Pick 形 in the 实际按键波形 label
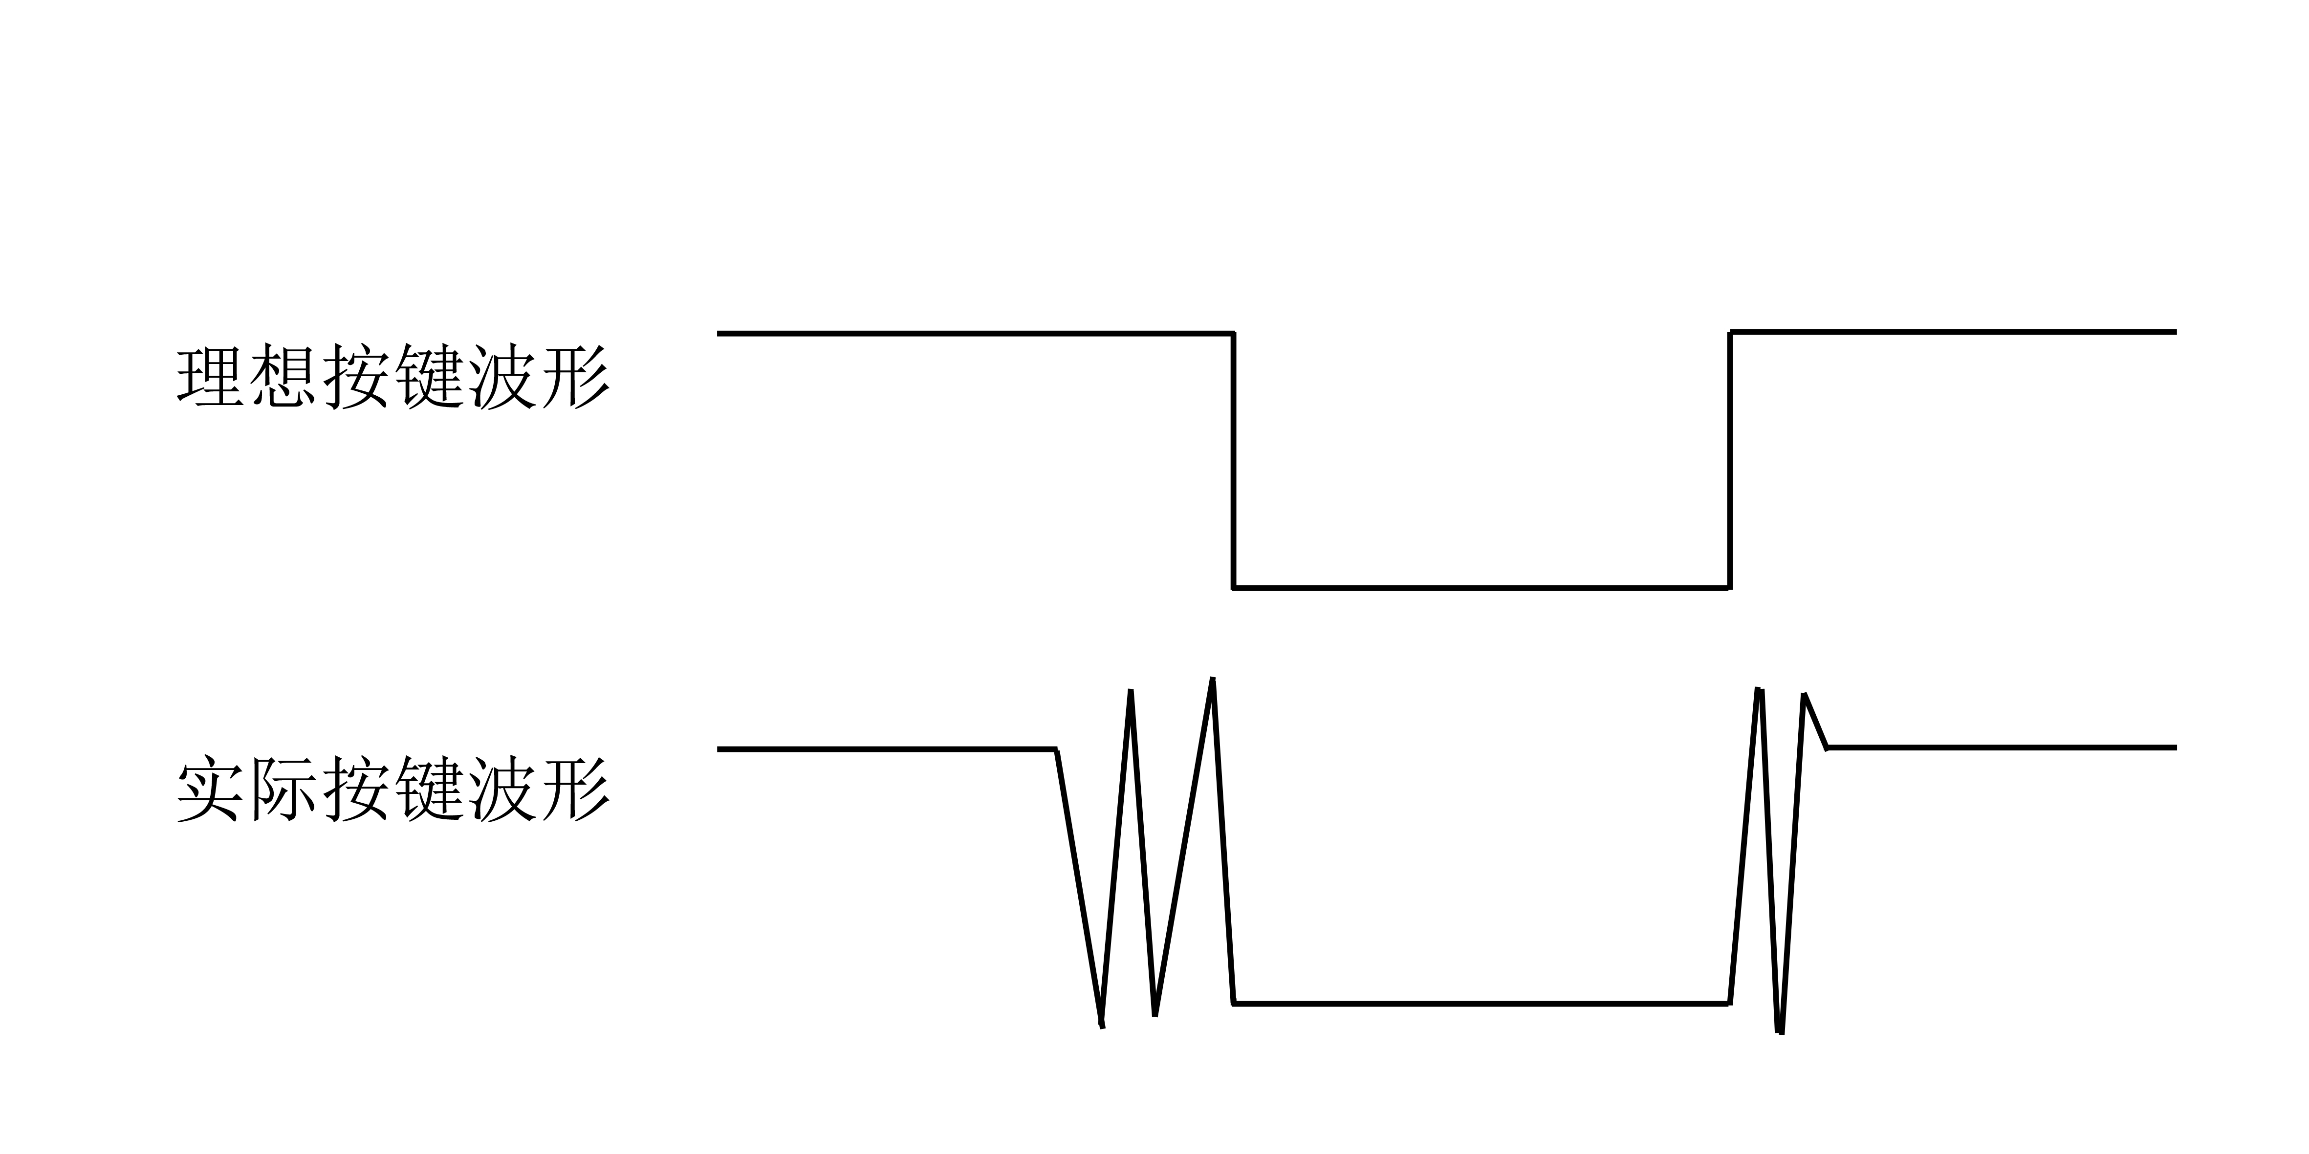pyautogui.click(x=574, y=790)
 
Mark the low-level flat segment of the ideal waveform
pyautogui.click(x=1481, y=588)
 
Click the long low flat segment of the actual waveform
pyautogui.click(x=1481, y=1004)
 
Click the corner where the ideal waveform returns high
pyautogui.click(x=1731, y=332)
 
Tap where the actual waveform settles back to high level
pyautogui.click(x=1827, y=747)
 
